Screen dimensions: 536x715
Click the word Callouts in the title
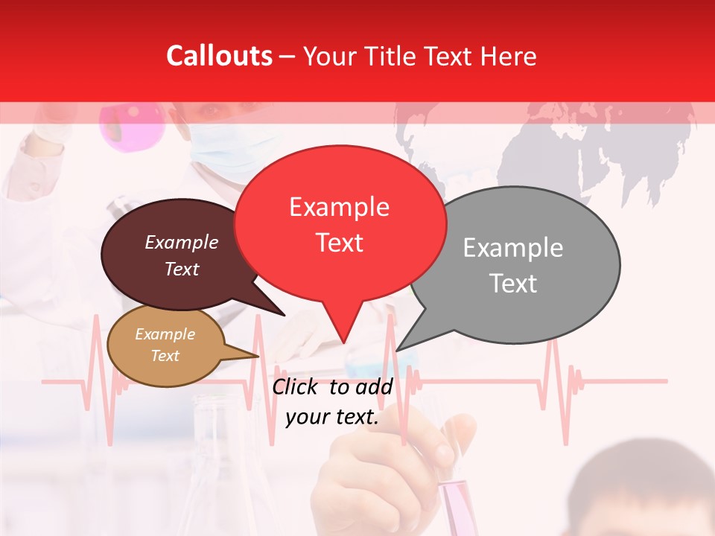point(219,57)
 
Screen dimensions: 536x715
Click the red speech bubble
point(340,223)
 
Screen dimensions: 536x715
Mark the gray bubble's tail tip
point(397,350)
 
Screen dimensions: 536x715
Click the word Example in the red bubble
point(339,207)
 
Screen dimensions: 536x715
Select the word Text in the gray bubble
point(513,284)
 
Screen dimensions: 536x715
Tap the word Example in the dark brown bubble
point(182,243)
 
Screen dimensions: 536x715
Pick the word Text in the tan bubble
point(165,356)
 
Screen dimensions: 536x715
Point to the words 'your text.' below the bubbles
point(332,417)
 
